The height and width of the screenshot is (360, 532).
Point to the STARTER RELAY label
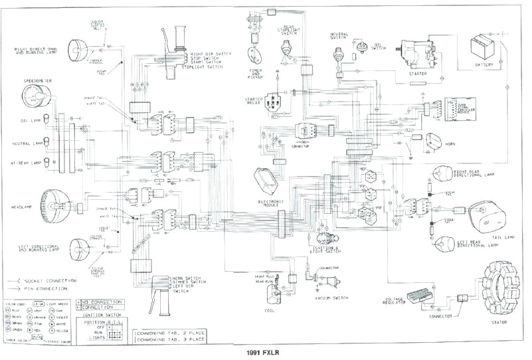(x=245, y=102)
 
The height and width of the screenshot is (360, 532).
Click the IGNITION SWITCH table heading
(x=102, y=315)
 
